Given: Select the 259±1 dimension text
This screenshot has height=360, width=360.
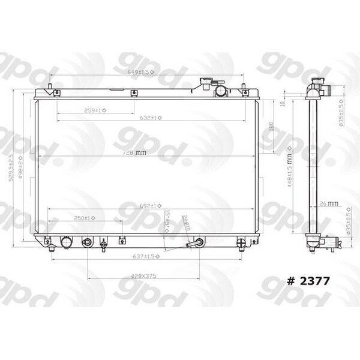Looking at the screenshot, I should point(95,110).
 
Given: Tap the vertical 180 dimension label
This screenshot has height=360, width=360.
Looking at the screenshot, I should point(271,127).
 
